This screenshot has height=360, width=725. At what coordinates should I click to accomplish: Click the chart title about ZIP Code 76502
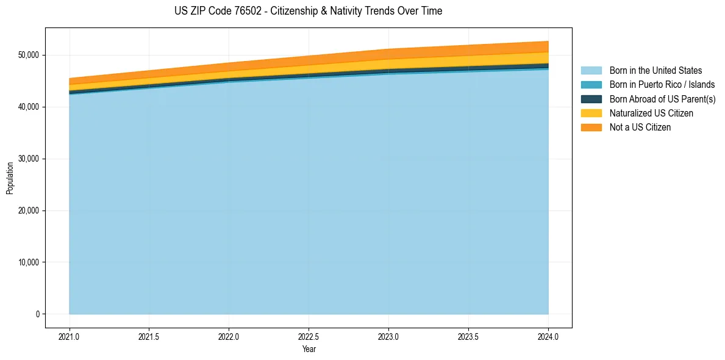tap(308, 11)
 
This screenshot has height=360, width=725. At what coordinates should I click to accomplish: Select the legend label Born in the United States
tap(655, 71)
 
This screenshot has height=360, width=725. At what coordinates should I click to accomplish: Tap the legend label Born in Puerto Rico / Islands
tap(662, 85)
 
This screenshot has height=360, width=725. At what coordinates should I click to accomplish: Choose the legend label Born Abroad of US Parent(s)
tap(662, 99)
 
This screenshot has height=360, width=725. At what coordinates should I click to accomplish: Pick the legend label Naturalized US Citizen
tap(651, 113)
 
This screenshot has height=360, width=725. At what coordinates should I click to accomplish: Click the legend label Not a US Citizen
tap(640, 128)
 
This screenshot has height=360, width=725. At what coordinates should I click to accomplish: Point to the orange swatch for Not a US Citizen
tap(591, 128)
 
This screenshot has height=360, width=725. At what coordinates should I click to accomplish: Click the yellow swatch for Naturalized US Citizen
tap(591, 113)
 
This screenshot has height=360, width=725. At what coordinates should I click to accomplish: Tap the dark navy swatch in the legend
tap(591, 99)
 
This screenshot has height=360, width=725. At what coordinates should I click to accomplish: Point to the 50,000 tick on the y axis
tap(29, 56)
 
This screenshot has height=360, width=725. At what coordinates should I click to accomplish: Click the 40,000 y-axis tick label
tap(29, 107)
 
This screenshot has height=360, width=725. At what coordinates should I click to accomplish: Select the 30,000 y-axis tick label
tap(29, 159)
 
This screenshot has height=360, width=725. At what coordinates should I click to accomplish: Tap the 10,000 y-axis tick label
tap(29, 263)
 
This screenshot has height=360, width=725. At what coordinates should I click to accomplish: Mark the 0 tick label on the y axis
tap(37, 315)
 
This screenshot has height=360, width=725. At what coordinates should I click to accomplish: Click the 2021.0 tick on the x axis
tap(70, 336)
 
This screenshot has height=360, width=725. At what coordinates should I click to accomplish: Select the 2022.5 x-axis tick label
tap(309, 336)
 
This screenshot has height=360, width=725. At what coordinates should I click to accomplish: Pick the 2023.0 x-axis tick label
tap(389, 336)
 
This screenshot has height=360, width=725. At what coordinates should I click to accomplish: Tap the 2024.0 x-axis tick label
tap(549, 336)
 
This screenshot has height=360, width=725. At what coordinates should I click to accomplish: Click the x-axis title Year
tap(309, 350)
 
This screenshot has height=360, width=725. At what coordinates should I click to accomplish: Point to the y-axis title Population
tap(10, 178)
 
